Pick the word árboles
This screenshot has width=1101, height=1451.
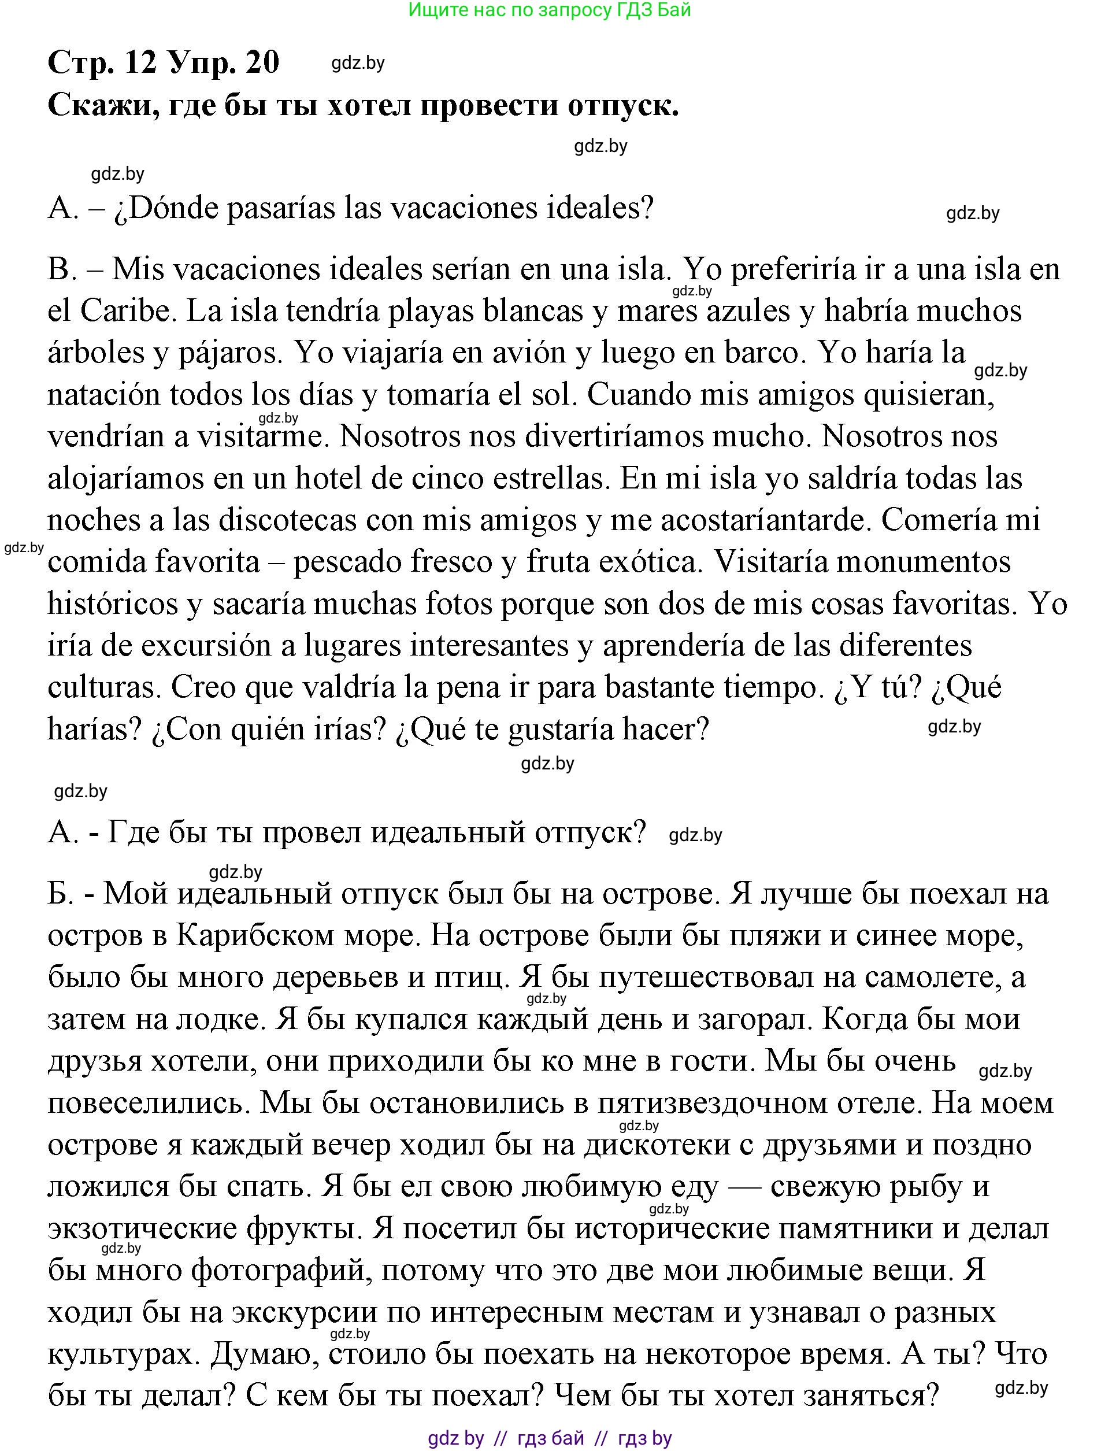pos(96,353)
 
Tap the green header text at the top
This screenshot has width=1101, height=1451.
pos(550,10)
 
